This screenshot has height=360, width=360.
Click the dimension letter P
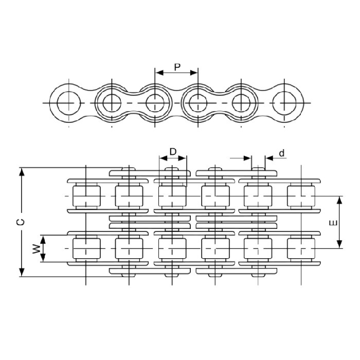pyautogui.click(x=177, y=67)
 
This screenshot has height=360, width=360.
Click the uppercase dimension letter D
pyautogui.click(x=173, y=152)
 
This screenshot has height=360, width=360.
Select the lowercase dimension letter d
pyautogui.click(x=282, y=153)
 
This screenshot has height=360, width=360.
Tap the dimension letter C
pyautogui.click(x=21, y=222)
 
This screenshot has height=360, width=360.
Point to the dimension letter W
pyautogui.click(x=37, y=248)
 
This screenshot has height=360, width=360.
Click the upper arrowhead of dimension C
pyautogui.click(x=22, y=172)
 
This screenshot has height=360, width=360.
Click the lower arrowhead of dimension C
pyautogui.click(x=22, y=272)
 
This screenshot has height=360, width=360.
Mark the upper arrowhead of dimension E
pyautogui.click(x=340, y=201)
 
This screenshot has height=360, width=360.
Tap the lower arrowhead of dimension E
pyautogui.click(x=340, y=244)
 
